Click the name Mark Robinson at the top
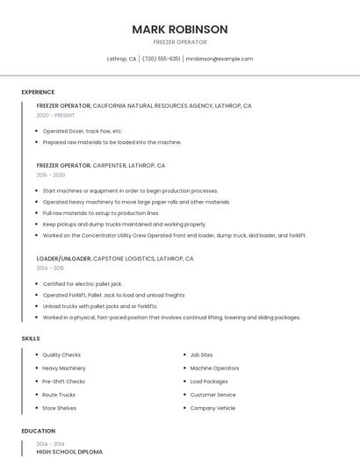click(x=180, y=29)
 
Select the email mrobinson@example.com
click(x=220, y=59)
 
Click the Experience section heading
click(x=38, y=92)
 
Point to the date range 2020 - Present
click(x=56, y=115)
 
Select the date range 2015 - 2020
click(x=51, y=175)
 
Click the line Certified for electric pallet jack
click(x=83, y=284)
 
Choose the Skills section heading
click(x=31, y=338)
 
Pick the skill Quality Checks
click(x=62, y=354)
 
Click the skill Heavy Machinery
click(x=64, y=368)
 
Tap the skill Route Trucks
click(x=59, y=395)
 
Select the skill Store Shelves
click(x=60, y=408)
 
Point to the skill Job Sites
click(x=201, y=354)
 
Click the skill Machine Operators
click(x=214, y=368)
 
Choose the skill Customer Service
click(x=212, y=395)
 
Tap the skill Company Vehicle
click(x=212, y=408)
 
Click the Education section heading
click(x=39, y=431)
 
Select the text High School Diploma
click(x=69, y=452)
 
